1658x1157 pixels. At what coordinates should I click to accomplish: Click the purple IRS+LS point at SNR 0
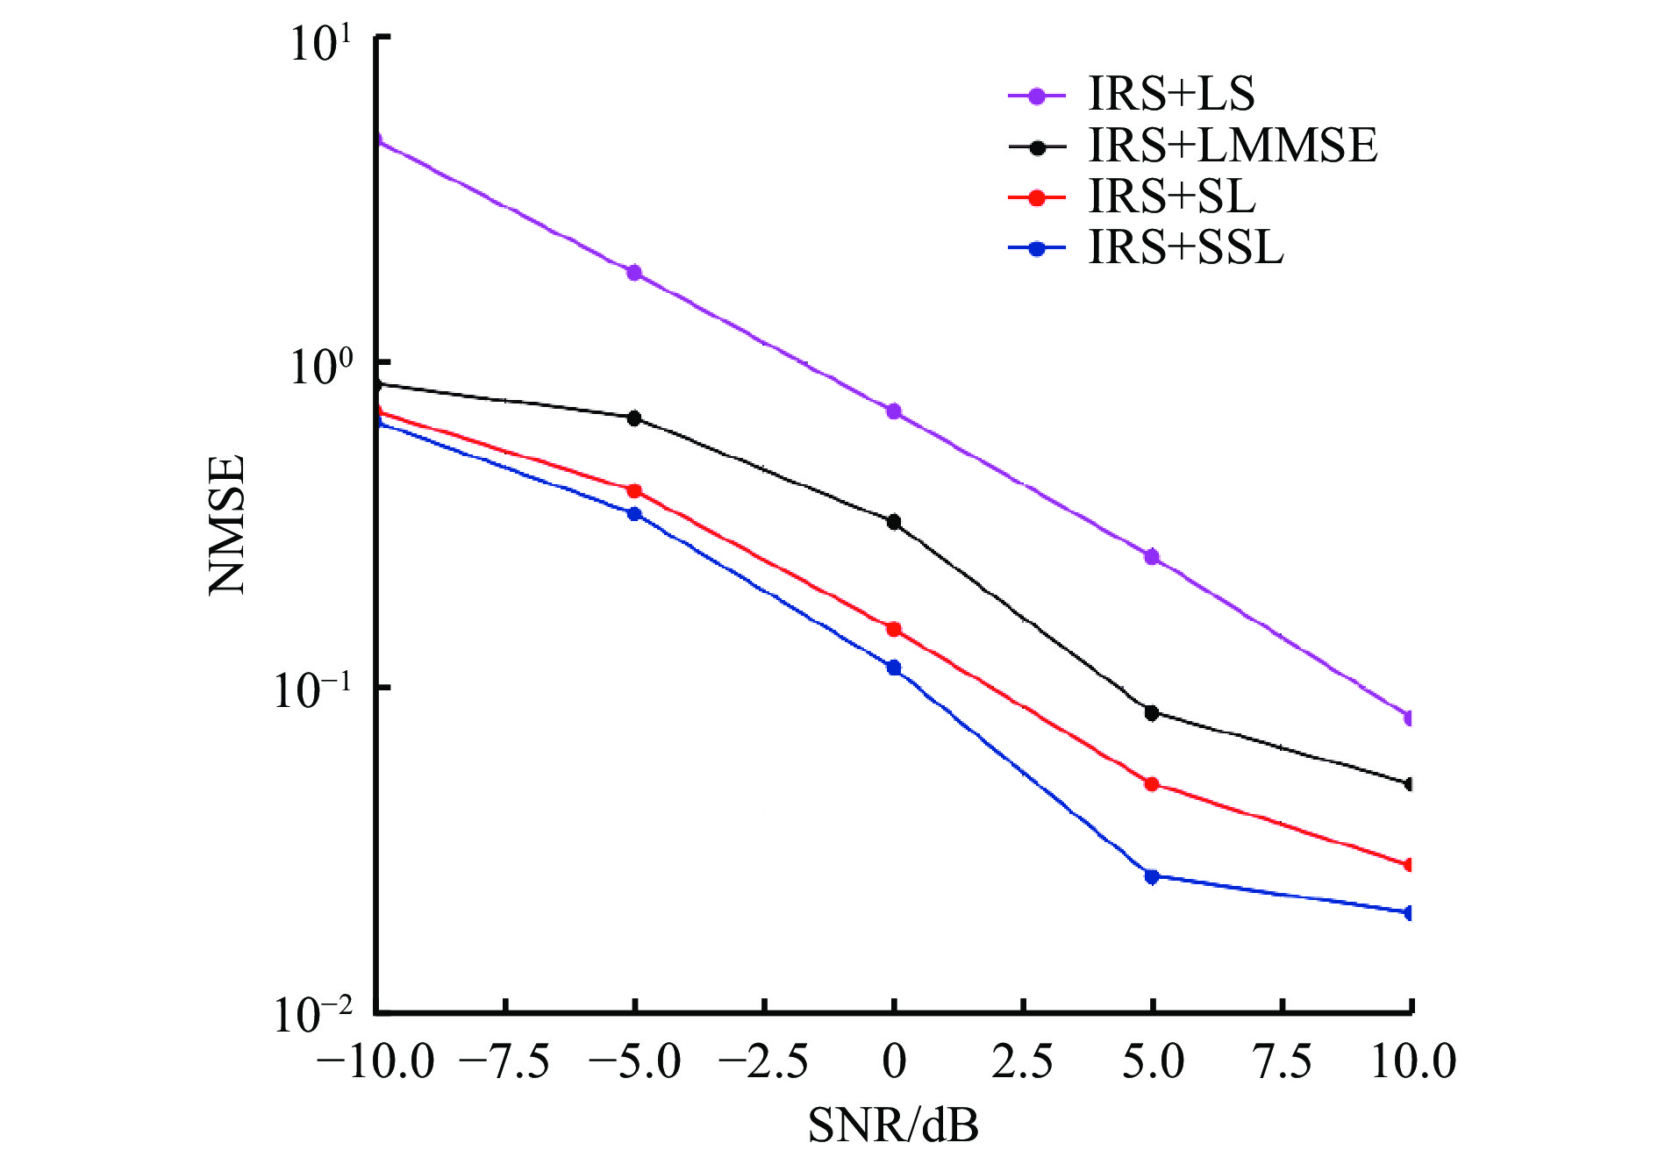tap(894, 411)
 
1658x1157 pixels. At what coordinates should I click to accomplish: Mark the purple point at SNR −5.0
tap(634, 273)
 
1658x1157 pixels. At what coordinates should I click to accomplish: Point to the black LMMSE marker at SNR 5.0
tap(1152, 713)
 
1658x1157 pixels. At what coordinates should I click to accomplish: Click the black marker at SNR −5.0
tap(634, 418)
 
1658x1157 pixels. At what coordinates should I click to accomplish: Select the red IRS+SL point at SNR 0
tap(894, 629)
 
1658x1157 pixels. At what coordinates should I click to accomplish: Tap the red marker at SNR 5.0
tap(1152, 784)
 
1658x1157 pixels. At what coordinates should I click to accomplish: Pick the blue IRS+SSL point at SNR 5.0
tap(1152, 876)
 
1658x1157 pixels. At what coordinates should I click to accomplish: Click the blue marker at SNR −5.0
tap(634, 513)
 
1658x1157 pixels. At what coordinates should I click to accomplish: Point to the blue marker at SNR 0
tap(894, 668)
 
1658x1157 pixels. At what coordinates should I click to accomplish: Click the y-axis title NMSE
tap(226, 525)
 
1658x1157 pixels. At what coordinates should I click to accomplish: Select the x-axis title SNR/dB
tap(893, 1125)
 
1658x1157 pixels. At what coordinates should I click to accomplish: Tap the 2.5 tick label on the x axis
tap(1023, 1061)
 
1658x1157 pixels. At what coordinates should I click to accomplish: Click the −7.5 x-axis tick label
tap(504, 1061)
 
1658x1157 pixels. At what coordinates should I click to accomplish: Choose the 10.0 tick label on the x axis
tap(1412, 1061)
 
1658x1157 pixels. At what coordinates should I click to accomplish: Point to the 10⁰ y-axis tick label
tap(321, 366)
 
